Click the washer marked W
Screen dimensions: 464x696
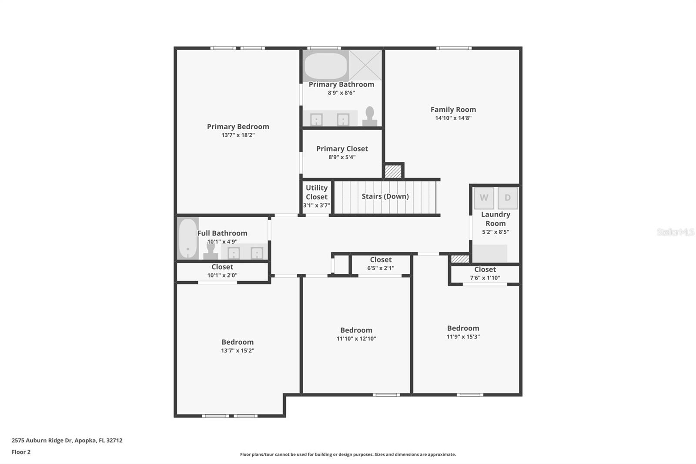(484, 198)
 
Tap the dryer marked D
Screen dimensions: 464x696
(507, 198)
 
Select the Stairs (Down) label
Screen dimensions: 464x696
(385, 196)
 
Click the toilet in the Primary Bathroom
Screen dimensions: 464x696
(370, 117)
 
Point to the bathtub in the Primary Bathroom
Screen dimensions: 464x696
(325, 66)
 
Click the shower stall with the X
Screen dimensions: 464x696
(365, 65)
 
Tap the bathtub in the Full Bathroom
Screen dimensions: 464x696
(188, 238)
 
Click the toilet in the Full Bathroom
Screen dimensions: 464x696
(211, 251)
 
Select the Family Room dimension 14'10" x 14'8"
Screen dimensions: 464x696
(453, 118)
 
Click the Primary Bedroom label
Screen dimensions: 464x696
(238, 127)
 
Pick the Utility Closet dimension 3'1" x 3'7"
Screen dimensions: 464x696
(316, 205)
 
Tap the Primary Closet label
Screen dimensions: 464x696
(342, 149)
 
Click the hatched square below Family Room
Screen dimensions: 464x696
(393, 171)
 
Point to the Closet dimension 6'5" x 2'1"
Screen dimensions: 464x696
(381, 268)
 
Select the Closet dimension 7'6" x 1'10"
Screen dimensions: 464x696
(485, 278)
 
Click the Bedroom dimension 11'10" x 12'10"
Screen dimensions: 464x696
(356, 339)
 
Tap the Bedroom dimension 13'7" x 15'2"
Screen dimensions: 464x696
(238, 350)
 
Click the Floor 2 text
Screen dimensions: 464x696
(21, 452)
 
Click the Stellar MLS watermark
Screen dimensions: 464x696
(675, 232)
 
